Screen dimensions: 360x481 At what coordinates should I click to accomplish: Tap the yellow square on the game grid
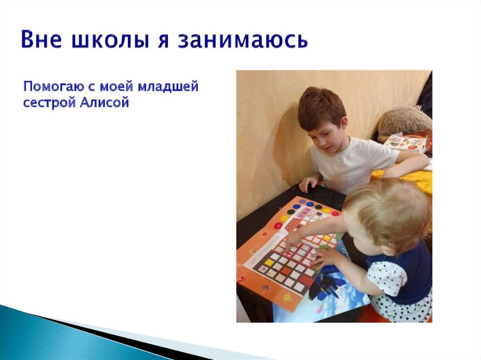click(x=269, y=262)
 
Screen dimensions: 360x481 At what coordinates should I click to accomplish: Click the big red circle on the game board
click(x=278, y=225)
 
